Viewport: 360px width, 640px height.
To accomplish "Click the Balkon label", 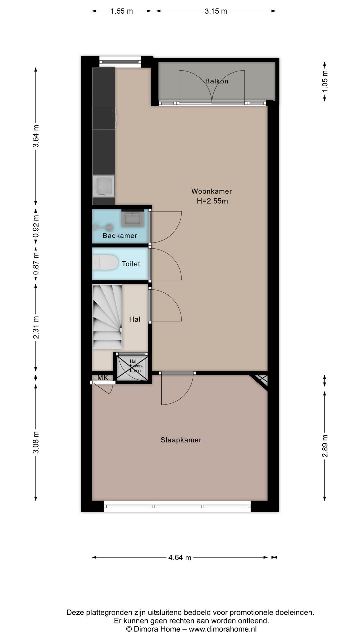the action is tap(217, 81).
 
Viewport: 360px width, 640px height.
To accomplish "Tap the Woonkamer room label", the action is tap(212, 191).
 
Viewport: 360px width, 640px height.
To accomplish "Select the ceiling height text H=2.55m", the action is tap(212, 201).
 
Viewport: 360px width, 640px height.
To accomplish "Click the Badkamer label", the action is tap(120, 236).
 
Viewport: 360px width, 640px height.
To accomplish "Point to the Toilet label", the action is tap(131, 264).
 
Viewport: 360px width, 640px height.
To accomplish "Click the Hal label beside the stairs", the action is tap(135, 319).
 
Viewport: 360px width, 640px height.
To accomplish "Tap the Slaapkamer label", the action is tap(181, 440).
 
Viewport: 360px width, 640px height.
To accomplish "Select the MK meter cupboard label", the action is tap(103, 378).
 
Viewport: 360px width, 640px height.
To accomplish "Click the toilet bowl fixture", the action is tap(105, 263).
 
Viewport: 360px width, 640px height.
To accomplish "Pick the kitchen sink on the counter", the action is tap(104, 186).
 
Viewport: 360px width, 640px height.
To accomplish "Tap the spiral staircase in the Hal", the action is tap(107, 317).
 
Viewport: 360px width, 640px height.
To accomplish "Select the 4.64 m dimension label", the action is tap(180, 557).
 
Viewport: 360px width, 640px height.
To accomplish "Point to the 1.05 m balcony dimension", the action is tap(325, 81).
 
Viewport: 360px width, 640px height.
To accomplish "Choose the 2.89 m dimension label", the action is tap(325, 446).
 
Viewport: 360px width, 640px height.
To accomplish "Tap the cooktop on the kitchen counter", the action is tap(104, 118).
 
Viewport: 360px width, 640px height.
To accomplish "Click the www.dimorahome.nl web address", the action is tap(223, 629).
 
